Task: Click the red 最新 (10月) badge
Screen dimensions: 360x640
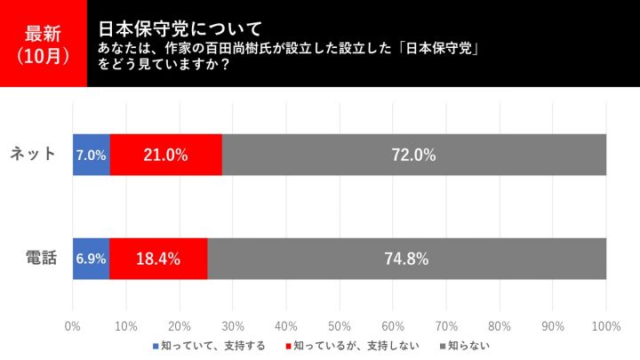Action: (x=44, y=44)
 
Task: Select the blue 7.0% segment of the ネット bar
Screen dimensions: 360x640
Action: (x=92, y=155)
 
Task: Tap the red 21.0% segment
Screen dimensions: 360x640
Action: (x=166, y=155)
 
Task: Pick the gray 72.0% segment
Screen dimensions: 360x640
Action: (x=413, y=155)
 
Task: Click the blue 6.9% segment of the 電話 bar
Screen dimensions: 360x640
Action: (x=91, y=260)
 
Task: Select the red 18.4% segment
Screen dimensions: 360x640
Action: (x=158, y=260)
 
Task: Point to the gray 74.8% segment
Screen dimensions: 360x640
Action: (x=406, y=260)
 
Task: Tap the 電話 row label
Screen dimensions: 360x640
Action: (x=40, y=260)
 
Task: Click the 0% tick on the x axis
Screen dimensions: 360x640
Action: (x=73, y=325)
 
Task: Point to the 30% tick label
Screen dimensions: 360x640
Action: (x=233, y=325)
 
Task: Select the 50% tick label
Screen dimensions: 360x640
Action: (x=340, y=325)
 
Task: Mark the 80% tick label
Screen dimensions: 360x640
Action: (x=500, y=325)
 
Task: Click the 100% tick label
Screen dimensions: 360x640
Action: (x=606, y=325)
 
